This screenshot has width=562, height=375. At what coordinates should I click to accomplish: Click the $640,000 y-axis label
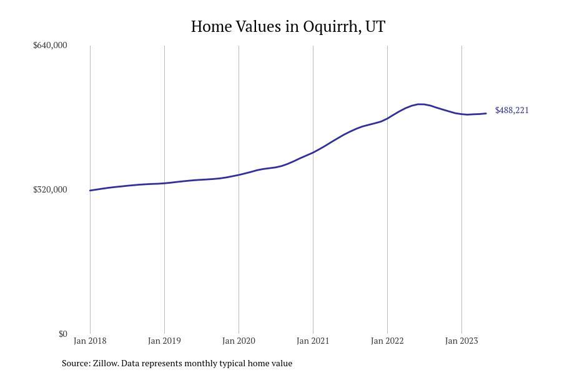(x=50, y=45)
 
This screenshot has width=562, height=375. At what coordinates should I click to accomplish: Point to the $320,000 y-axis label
(x=50, y=189)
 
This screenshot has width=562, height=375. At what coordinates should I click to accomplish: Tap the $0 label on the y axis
(x=62, y=334)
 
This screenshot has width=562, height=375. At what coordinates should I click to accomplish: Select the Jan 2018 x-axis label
(x=90, y=341)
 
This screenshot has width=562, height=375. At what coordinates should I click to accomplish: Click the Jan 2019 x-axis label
(x=164, y=341)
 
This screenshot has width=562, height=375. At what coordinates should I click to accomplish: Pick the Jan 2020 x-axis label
(x=239, y=341)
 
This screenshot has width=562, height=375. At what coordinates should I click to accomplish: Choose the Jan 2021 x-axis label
(x=313, y=341)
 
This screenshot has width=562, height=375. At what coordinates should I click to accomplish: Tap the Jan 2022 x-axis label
(x=387, y=341)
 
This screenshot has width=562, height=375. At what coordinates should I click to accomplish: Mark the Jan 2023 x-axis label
(x=461, y=341)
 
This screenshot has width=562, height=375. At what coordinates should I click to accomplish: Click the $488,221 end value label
(x=512, y=110)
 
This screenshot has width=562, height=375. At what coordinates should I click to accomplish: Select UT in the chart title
(x=375, y=26)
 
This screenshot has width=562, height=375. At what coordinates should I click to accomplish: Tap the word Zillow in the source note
(x=106, y=363)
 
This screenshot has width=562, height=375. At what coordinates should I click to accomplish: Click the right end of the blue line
(x=486, y=113)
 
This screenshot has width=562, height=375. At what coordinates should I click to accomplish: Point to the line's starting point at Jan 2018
(x=90, y=191)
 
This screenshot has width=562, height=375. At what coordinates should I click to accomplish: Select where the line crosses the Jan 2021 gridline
(x=313, y=152)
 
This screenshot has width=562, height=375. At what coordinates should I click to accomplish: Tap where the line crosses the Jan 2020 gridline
(x=239, y=175)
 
